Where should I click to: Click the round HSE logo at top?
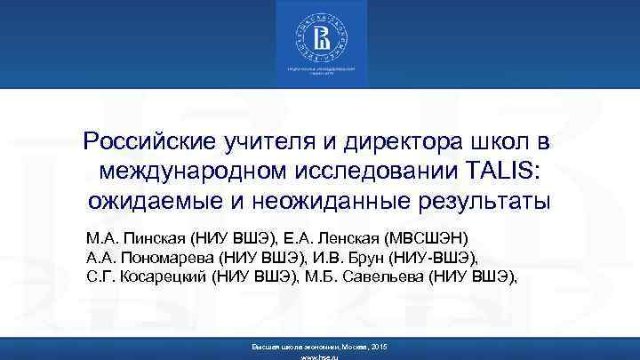point(319,37)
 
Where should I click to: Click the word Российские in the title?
point(138,142)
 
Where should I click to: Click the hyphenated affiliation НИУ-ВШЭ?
point(436,258)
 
